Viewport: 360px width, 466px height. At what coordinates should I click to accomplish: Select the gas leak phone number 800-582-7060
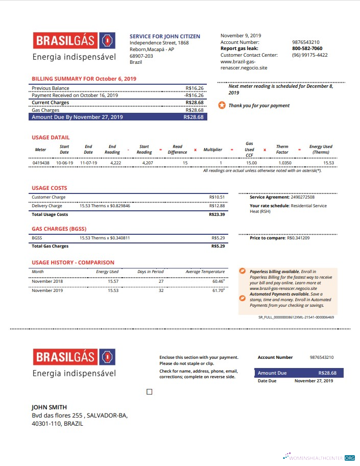click(x=307, y=48)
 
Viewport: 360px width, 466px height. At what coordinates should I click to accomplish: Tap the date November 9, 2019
click(x=241, y=36)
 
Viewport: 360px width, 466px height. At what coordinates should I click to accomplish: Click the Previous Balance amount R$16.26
click(x=195, y=88)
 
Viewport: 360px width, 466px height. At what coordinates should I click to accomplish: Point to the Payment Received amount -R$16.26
click(x=194, y=95)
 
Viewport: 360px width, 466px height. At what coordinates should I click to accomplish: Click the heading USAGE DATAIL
click(x=51, y=137)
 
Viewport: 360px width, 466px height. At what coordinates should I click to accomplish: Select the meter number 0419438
click(x=41, y=163)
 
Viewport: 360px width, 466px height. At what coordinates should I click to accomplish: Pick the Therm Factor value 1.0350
click(x=284, y=163)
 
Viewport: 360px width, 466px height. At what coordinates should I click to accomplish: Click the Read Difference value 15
click(x=185, y=163)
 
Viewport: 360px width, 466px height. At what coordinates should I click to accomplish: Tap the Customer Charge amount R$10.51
click(x=217, y=197)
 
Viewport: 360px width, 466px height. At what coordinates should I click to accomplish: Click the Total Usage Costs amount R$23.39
click(x=217, y=214)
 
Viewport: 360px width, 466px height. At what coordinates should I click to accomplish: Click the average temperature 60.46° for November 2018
click(x=218, y=281)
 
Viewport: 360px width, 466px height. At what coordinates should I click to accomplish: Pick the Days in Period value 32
click(x=161, y=290)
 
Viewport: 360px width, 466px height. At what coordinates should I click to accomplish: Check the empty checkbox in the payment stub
click(x=149, y=392)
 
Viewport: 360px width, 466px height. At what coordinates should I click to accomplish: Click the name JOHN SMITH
click(x=49, y=407)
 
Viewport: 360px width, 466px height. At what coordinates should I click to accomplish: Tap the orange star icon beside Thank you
click(x=222, y=106)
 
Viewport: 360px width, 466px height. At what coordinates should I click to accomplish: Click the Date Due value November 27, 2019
click(x=314, y=381)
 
